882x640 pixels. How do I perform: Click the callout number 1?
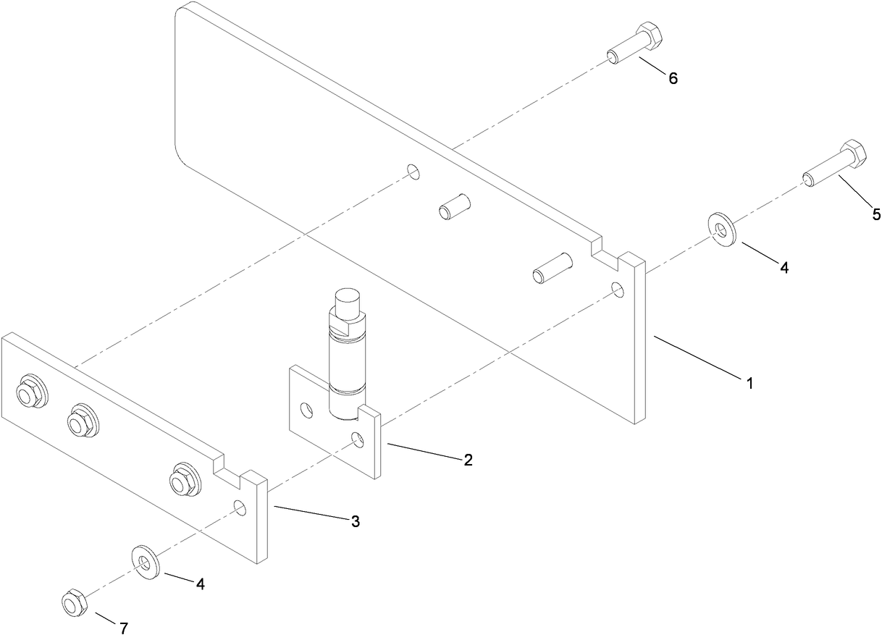[x=750, y=383]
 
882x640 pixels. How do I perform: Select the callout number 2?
[x=469, y=460]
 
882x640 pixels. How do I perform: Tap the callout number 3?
[x=356, y=521]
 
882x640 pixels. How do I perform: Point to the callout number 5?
[x=876, y=214]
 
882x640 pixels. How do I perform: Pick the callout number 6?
[x=673, y=78]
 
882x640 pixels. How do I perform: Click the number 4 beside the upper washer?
[x=784, y=267]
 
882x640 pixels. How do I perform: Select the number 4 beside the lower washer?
[x=200, y=584]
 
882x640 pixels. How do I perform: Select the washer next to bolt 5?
[x=722, y=229]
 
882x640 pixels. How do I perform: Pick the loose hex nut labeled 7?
[x=73, y=602]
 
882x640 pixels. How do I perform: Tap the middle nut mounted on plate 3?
[x=82, y=420]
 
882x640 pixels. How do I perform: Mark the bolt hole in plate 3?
[x=240, y=508]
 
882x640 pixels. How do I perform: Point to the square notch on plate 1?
[x=606, y=248]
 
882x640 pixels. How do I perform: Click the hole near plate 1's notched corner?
[x=618, y=289]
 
